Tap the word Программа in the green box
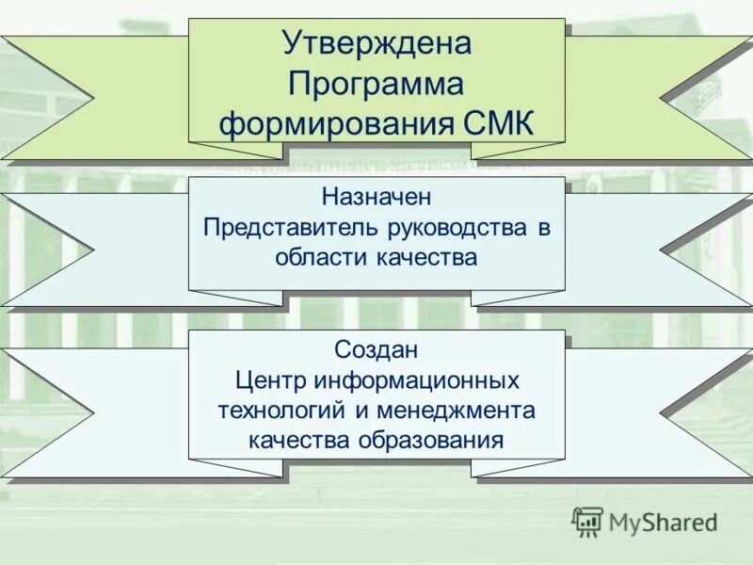point(376,85)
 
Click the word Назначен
point(376,199)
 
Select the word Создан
point(376,349)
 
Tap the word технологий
point(275,410)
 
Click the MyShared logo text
point(663,522)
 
